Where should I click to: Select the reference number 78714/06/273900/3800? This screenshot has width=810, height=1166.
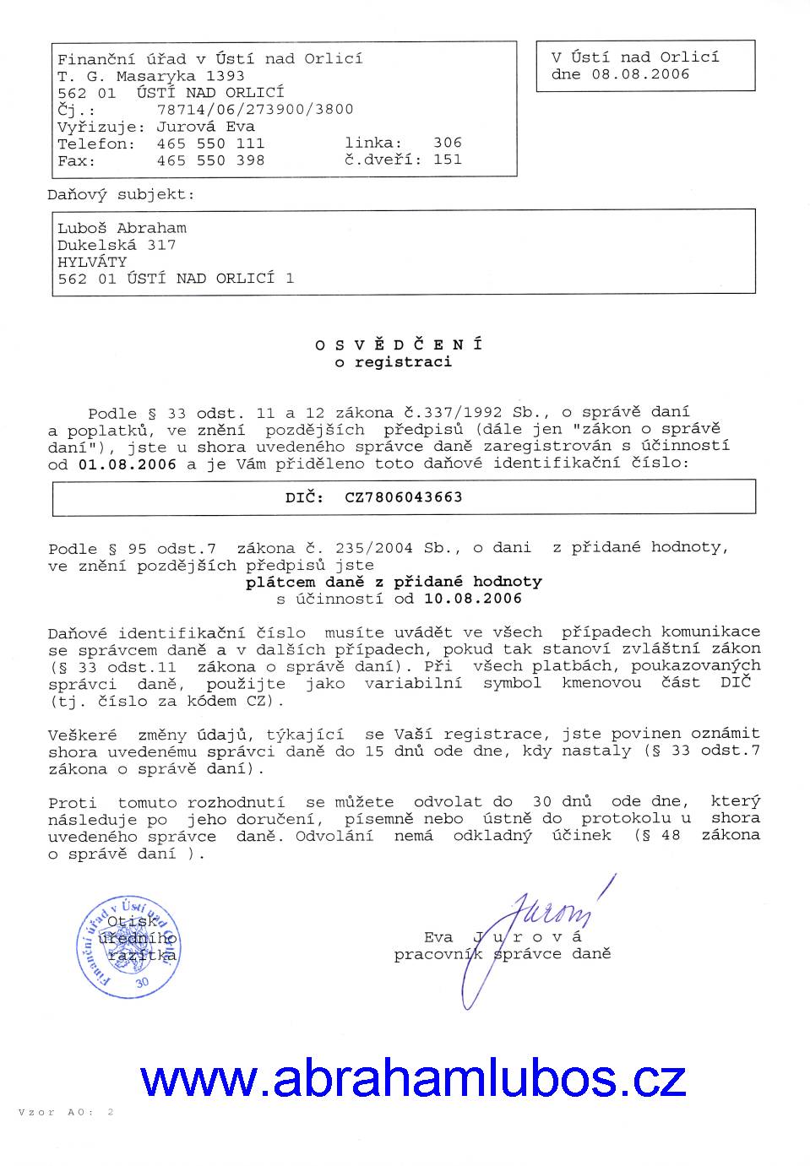[x=255, y=110]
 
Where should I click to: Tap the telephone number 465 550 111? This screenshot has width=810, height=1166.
[x=210, y=144]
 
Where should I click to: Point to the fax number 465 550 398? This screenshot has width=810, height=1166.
[x=210, y=160]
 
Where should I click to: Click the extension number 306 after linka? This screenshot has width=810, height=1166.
[x=448, y=144]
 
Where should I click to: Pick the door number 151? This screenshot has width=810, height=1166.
[x=448, y=160]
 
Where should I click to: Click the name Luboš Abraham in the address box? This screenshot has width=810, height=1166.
[x=122, y=228]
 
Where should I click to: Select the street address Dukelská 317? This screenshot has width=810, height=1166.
[x=117, y=245]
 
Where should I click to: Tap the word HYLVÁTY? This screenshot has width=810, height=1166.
[x=92, y=262]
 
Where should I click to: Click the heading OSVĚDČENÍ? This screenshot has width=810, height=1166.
[x=399, y=344]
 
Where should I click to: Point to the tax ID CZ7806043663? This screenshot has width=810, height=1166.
[x=404, y=497]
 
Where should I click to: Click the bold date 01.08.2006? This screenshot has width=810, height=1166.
[x=128, y=464]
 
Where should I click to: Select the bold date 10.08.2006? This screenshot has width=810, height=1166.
[x=473, y=599]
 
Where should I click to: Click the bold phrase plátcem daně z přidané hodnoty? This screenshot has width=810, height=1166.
[x=394, y=582]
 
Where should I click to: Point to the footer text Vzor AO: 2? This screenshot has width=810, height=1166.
[x=65, y=1113]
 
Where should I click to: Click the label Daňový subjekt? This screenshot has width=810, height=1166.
[x=121, y=194]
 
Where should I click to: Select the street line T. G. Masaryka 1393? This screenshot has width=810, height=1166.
[x=151, y=76]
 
